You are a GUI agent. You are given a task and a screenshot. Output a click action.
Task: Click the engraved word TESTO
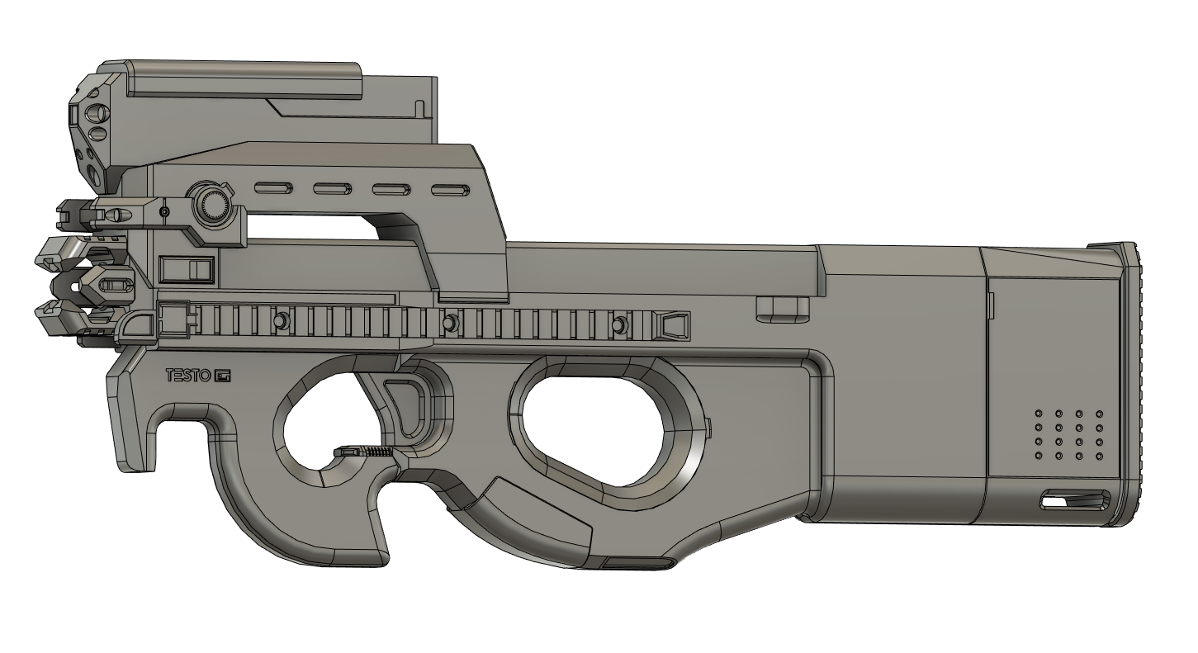pyautogui.click(x=188, y=376)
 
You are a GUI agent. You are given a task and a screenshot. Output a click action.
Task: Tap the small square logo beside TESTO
pyautogui.click(x=222, y=376)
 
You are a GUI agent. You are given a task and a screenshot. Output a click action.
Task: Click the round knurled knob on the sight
pyautogui.click(x=211, y=203)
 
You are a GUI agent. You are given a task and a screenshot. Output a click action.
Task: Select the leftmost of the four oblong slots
pyautogui.click(x=273, y=188)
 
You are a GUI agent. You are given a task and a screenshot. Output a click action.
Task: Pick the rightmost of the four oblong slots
pyautogui.click(x=451, y=189)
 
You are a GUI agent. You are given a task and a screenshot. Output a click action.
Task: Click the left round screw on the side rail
pyautogui.click(x=280, y=321)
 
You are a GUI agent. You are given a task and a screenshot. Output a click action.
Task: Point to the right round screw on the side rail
pyautogui.click(x=620, y=324)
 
